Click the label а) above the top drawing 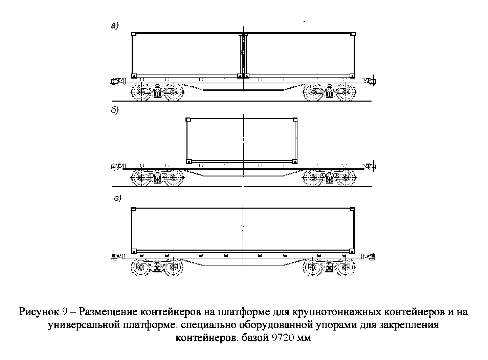point(115,26)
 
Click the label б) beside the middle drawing point(115,110)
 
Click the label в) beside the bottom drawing point(117,198)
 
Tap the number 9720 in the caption point(282,338)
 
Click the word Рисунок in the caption point(39,312)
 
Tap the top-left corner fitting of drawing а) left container point(134,34)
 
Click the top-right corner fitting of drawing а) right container point(353,34)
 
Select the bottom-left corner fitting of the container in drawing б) point(189,161)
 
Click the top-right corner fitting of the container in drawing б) point(295,120)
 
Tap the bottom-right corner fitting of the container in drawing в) point(352,251)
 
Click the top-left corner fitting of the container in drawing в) point(133,209)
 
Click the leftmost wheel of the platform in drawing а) point(141,92)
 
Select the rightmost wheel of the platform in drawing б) point(345,178)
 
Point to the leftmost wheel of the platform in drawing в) point(141,267)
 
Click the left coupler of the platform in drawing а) point(117,82)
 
